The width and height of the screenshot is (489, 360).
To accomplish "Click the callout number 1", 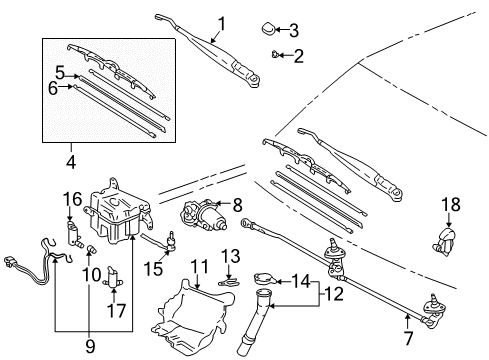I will (x=221, y=23).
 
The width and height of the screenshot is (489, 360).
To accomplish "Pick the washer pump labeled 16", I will (x=73, y=237).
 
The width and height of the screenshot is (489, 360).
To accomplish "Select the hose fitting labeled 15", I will (x=174, y=240).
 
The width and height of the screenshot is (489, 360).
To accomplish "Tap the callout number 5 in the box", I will (x=60, y=72).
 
